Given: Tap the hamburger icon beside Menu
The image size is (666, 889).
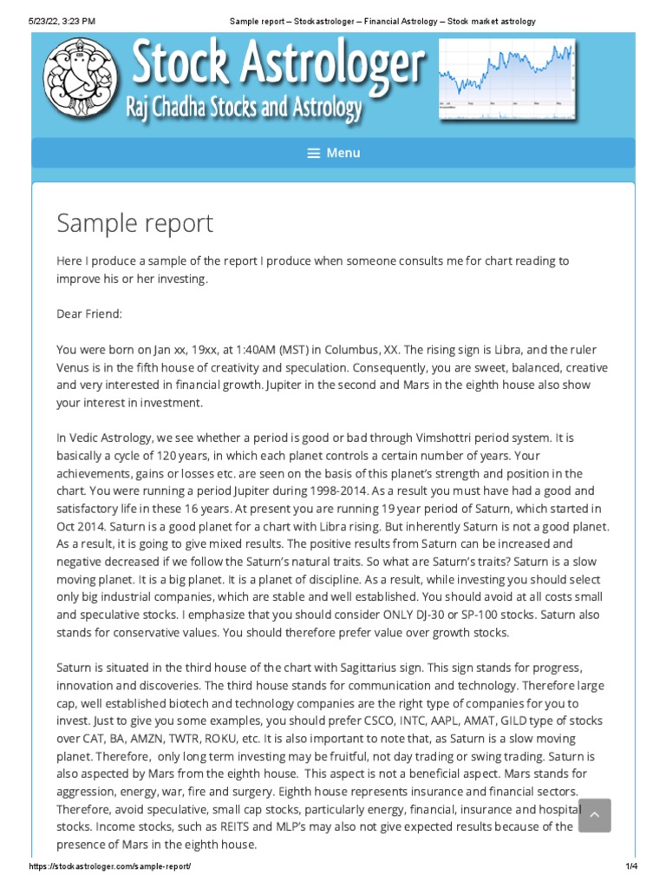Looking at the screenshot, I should [x=314, y=153].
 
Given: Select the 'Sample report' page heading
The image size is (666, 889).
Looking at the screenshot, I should [x=134, y=223].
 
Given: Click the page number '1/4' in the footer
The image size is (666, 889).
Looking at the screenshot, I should [x=630, y=867].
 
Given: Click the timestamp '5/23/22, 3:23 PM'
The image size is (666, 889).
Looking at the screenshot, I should [x=62, y=21].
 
